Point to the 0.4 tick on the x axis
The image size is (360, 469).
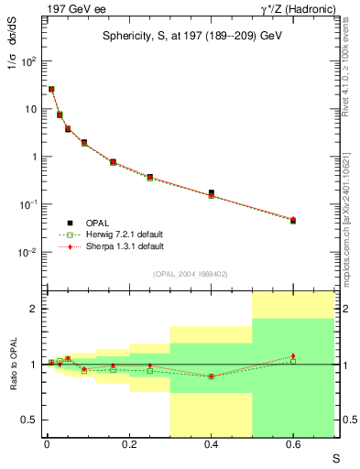pos(211,447)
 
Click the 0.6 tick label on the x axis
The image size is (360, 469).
pos(293,447)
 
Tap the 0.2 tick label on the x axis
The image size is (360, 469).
pos(128,447)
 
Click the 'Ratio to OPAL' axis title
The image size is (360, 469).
pos(14,364)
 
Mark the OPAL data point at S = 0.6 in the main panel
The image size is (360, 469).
pos(293,221)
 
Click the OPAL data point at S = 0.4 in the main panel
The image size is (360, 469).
pos(211,193)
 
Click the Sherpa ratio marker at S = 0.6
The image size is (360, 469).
pos(293,355)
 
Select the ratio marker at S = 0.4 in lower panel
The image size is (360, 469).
pos(211,376)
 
